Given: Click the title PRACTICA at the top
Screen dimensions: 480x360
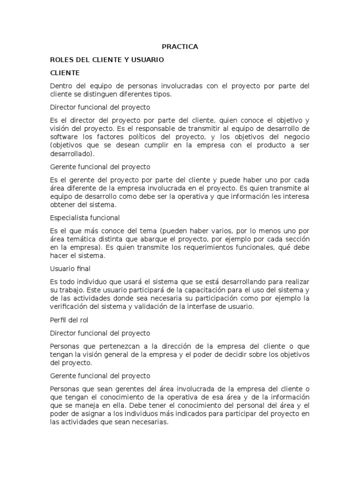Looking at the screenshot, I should point(180,46).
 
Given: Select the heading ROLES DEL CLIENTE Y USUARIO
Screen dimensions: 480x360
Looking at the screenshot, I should point(107,60).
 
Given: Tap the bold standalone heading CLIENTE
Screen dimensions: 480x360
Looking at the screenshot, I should point(65,73).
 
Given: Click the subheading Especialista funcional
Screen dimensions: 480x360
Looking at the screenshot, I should point(85,217).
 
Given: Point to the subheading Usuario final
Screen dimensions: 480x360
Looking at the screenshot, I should point(70,269).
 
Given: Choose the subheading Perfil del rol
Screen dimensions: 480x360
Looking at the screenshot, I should point(69,320).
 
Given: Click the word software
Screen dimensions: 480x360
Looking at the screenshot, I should point(64,136).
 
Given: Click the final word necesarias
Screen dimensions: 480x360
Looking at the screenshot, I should point(149,422).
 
